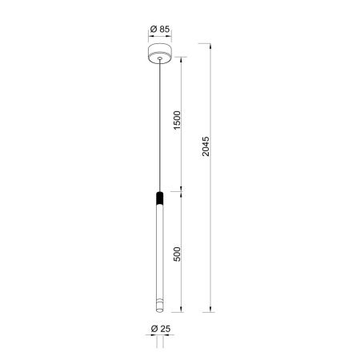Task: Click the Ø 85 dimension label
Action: coord(160,29)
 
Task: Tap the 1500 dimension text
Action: coord(177,120)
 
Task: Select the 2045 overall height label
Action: coord(206,146)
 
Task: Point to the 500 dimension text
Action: coord(177,254)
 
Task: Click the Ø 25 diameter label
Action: coord(161,329)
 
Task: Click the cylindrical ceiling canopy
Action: coord(160,54)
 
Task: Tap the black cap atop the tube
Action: coord(159,198)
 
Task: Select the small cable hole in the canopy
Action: coord(160,58)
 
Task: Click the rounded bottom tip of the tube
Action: coord(159,310)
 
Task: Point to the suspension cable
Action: coord(160,126)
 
